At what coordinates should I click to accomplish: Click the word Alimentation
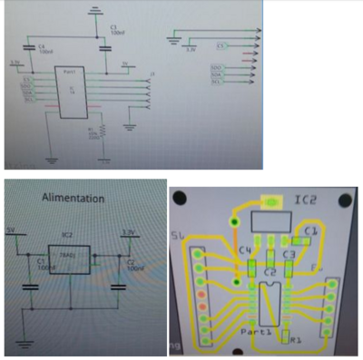click(x=73, y=197)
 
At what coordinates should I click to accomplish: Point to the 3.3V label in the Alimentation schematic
click(x=128, y=233)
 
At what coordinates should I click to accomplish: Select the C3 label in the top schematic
click(x=113, y=30)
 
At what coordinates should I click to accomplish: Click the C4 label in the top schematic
click(x=41, y=44)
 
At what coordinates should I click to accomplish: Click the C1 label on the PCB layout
click(x=311, y=231)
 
